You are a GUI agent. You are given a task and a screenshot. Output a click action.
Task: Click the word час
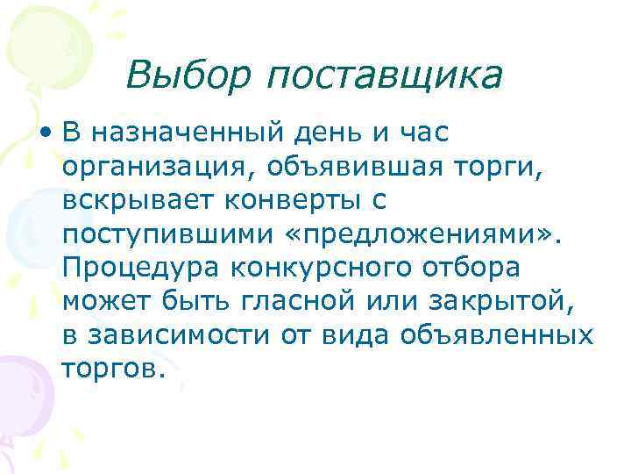423,135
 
